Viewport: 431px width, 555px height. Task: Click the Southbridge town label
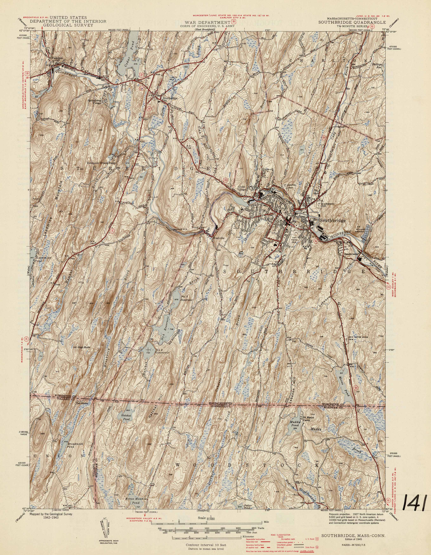(x=333, y=221)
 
